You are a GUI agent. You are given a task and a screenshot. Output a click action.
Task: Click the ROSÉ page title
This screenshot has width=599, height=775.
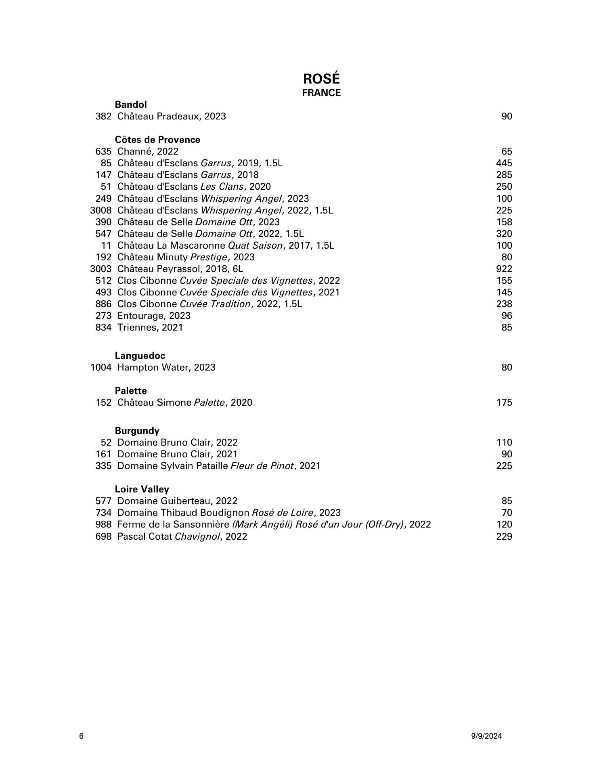(321, 79)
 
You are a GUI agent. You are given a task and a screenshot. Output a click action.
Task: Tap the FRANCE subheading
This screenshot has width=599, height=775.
(321, 93)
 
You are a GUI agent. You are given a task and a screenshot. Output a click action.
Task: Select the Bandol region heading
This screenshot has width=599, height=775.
(131, 105)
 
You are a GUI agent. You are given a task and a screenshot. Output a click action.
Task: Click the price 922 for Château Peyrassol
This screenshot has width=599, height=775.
(504, 269)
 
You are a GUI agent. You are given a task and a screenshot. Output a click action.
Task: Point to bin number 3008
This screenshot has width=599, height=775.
(101, 210)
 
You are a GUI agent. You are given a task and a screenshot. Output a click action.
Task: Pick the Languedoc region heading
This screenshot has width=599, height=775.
(140, 356)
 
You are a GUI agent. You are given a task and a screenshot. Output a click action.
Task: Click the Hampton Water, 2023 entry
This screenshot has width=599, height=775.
(166, 367)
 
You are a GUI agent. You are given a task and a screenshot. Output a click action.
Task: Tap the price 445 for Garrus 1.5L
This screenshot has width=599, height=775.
(504, 163)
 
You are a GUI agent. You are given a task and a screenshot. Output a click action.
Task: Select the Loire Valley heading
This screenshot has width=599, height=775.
(142, 489)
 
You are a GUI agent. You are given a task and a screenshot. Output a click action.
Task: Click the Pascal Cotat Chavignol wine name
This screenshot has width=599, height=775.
(182, 536)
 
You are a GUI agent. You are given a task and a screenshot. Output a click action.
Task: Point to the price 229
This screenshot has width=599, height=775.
(504, 536)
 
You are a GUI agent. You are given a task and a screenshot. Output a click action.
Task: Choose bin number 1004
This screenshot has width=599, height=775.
(101, 367)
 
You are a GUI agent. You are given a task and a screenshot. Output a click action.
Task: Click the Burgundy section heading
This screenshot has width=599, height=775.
(137, 430)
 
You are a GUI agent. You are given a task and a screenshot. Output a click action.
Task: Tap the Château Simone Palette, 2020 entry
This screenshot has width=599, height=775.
(184, 402)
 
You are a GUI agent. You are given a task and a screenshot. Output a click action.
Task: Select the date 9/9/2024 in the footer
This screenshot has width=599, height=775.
(486, 736)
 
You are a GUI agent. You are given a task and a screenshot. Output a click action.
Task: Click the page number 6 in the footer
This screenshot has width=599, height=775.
(82, 736)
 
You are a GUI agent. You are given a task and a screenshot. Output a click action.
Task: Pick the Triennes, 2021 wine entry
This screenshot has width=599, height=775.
(150, 327)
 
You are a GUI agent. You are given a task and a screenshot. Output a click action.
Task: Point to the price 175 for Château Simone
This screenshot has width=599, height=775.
(504, 402)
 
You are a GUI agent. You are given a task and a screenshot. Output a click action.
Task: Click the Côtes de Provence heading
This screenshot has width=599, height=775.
(157, 140)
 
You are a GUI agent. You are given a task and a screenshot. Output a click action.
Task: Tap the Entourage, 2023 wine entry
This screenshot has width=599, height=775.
(154, 316)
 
